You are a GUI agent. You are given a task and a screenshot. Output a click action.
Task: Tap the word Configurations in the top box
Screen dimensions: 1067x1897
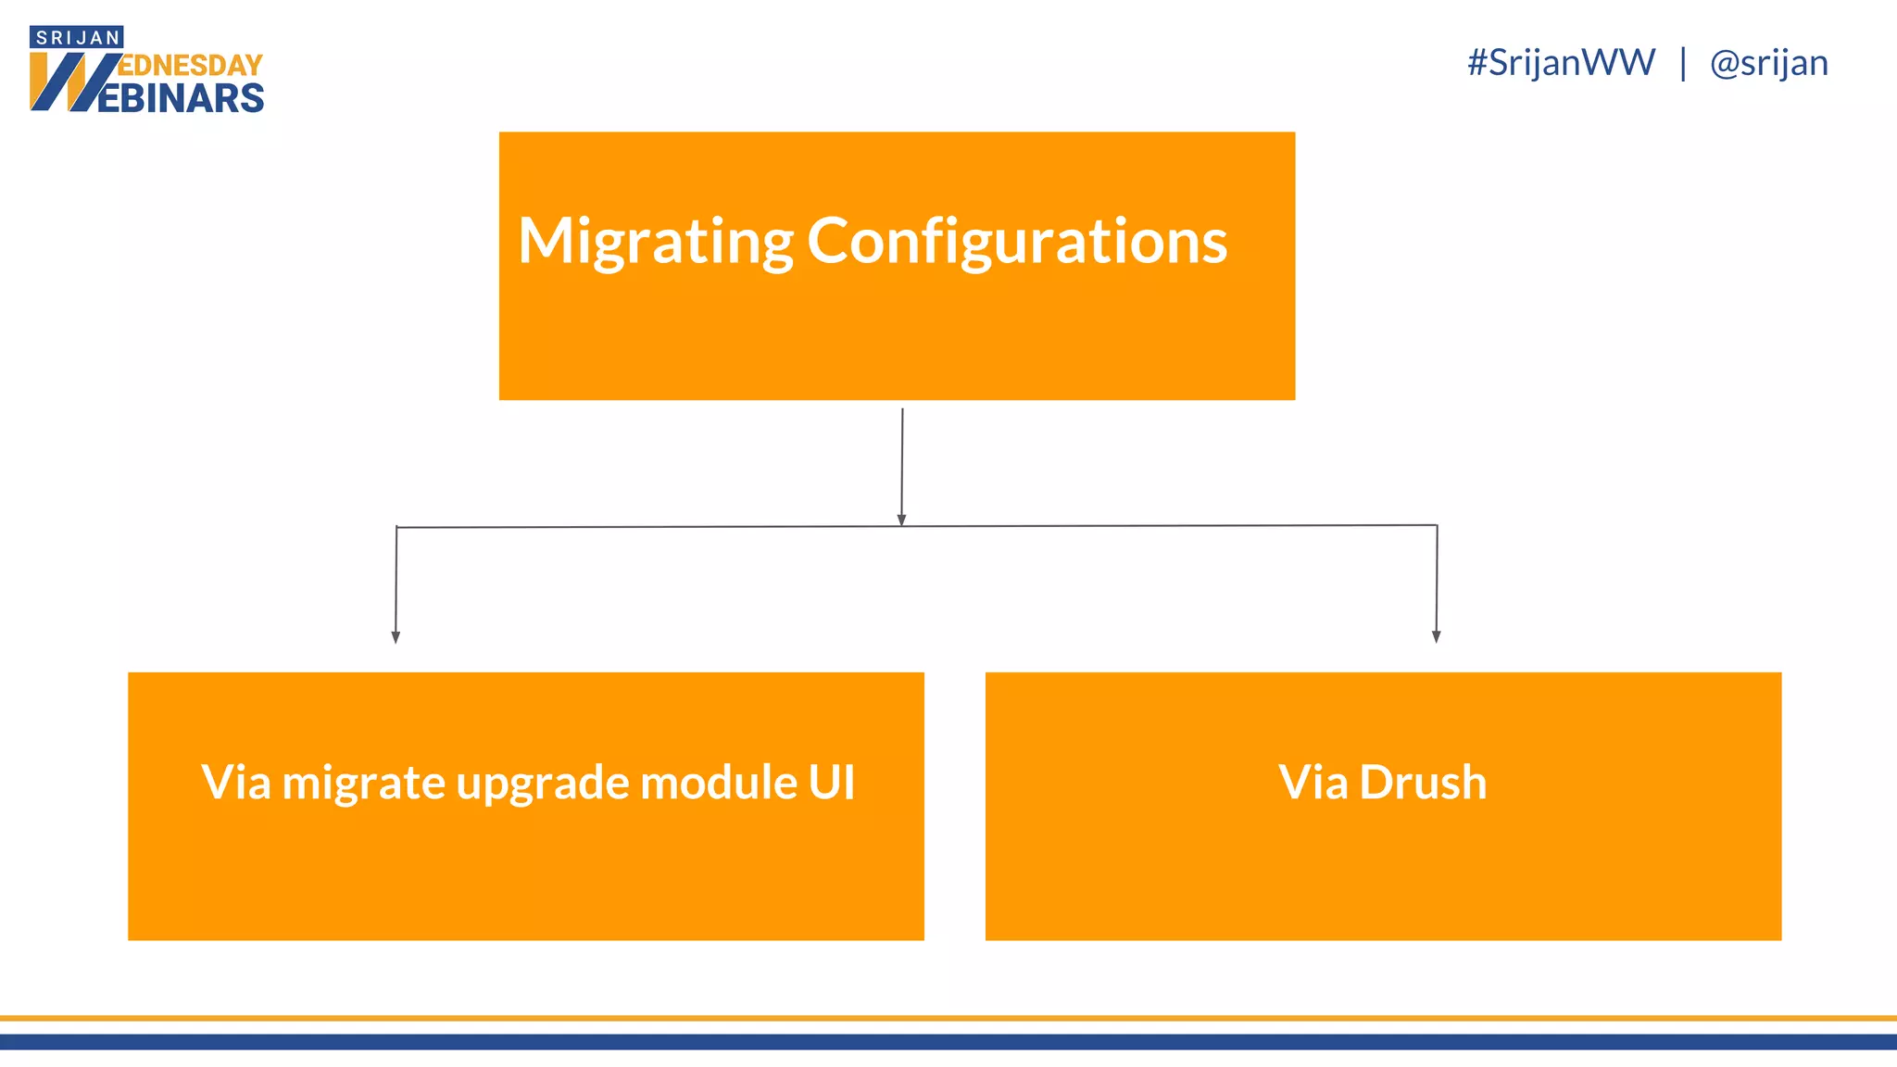1017,241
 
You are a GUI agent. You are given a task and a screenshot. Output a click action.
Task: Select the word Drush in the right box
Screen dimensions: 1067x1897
1423,782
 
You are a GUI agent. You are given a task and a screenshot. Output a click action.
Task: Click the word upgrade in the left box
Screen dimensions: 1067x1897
542,784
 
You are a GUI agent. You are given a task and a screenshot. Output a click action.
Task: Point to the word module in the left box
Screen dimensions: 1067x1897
718,782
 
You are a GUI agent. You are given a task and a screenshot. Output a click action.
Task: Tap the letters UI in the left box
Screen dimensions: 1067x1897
831,782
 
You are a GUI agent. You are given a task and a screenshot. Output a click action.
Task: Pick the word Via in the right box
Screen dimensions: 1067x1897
1313,782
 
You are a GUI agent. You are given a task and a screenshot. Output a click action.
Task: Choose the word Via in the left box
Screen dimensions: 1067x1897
236,782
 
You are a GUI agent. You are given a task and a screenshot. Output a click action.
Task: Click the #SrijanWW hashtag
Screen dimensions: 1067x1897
1561,63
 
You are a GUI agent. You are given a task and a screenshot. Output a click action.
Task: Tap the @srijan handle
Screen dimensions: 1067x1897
1768,63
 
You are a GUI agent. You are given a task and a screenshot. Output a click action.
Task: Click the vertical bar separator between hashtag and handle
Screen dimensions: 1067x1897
1682,63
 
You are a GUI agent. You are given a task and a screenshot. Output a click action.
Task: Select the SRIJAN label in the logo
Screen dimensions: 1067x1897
78,38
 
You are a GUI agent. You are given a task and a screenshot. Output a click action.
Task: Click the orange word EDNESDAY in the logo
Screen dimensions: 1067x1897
191,66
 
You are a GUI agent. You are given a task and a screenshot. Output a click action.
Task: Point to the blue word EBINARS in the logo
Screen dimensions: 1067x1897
181,98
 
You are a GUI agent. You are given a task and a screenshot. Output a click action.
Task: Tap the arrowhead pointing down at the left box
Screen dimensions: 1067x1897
396,637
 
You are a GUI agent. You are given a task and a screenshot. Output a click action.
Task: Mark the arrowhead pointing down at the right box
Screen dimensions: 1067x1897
1436,636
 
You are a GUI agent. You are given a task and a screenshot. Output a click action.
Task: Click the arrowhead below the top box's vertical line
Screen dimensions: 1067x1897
901,521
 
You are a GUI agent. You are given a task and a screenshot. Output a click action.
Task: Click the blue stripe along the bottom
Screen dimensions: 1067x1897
948,1042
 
